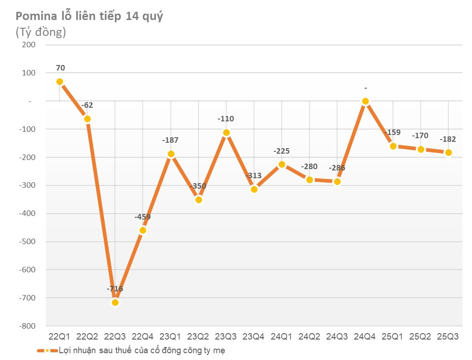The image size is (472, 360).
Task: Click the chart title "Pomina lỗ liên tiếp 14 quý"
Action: (89, 17)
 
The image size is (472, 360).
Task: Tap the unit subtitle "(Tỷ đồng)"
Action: (41, 32)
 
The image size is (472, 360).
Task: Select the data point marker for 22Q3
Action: (115, 302)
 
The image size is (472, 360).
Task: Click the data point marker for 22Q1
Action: (60, 82)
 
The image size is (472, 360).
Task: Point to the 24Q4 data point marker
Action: (365, 101)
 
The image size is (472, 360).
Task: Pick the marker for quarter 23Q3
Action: (226, 132)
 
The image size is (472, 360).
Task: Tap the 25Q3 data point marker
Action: (448, 153)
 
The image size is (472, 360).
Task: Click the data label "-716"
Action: (115, 289)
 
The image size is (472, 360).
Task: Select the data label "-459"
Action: (143, 217)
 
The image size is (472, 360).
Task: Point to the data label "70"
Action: (60, 68)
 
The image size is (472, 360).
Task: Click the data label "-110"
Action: (226, 119)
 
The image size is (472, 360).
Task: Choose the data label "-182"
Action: (448, 140)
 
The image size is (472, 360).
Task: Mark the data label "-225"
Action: (282, 151)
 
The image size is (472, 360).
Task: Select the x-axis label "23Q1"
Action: (170, 337)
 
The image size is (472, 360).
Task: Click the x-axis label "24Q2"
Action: (309, 337)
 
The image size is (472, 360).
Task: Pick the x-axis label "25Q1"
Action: (393, 337)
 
